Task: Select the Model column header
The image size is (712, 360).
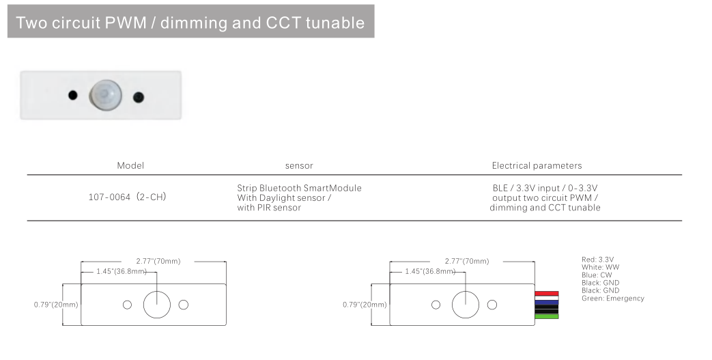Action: click(x=130, y=165)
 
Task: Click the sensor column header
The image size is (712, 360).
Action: click(x=299, y=165)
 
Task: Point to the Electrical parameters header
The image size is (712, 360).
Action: click(x=537, y=165)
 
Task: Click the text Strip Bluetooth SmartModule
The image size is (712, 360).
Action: click(x=299, y=188)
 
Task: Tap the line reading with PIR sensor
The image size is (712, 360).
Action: click(x=269, y=207)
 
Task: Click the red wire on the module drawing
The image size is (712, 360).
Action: click(x=547, y=293)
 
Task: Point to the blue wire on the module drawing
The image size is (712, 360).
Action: click(x=547, y=301)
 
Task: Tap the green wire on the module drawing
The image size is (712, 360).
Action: click(x=547, y=316)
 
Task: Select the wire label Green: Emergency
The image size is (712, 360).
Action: click(x=612, y=299)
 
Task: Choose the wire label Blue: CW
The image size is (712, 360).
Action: click(x=597, y=275)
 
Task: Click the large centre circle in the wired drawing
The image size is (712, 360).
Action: click(x=466, y=304)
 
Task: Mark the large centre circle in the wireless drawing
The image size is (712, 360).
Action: click(x=156, y=304)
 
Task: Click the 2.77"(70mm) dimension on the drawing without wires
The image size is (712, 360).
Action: click(x=158, y=261)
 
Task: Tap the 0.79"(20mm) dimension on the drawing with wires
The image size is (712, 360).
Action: click(x=364, y=304)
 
